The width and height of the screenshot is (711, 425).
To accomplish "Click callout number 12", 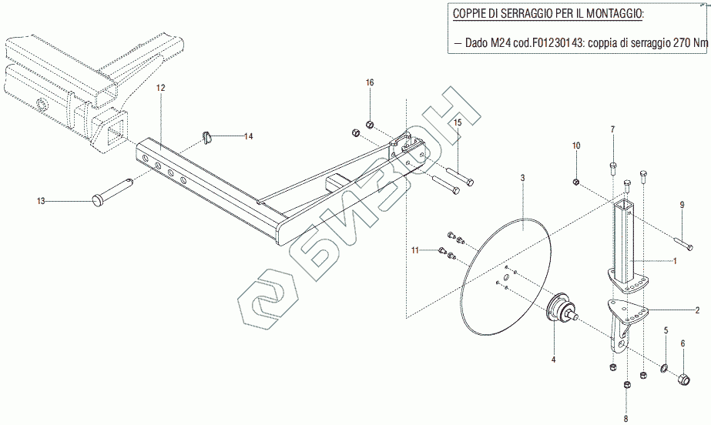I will (x=161, y=89).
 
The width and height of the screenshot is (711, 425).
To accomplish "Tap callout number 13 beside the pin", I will (x=41, y=201).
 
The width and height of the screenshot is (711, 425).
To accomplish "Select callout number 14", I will (x=248, y=136).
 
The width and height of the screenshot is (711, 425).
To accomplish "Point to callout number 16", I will (x=370, y=82).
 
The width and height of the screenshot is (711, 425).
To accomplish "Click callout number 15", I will (x=457, y=122).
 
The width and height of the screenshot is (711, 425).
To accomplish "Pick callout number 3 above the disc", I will (x=522, y=178).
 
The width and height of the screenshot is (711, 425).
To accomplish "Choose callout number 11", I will (x=414, y=250).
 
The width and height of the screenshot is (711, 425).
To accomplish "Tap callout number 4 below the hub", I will (x=552, y=358).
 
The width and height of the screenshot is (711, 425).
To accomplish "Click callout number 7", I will (x=613, y=129).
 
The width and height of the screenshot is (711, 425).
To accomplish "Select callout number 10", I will (x=575, y=145).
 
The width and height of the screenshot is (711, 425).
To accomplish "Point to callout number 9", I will (x=681, y=204).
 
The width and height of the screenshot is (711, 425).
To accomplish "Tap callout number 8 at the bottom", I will (x=625, y=418).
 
